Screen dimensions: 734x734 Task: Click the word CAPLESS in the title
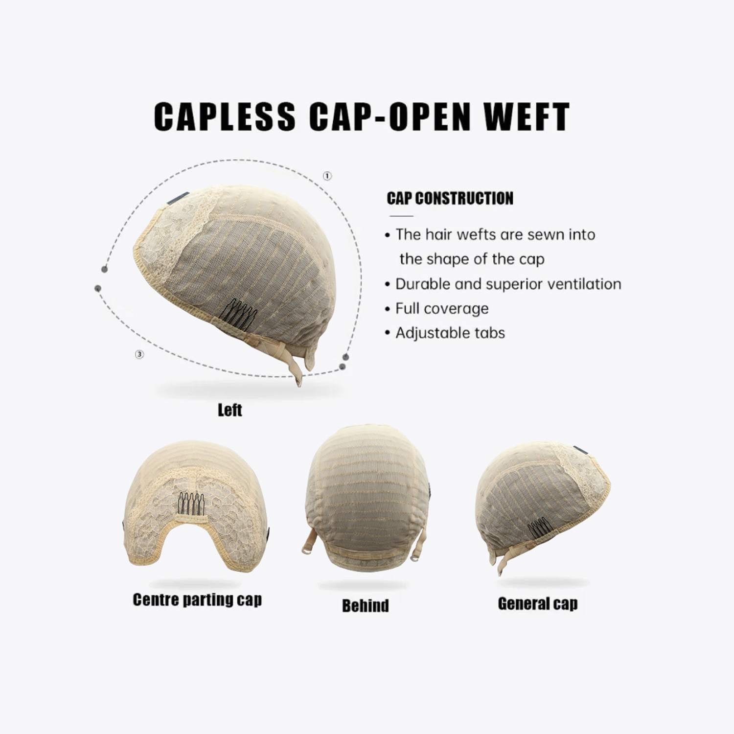click(x=225, y=116)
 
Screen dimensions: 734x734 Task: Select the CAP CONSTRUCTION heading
click(x=450, y=198)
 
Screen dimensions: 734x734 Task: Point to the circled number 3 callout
click(x=139, y=354)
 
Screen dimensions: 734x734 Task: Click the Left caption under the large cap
click(x=229, y=410)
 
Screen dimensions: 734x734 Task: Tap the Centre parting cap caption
click(x=197, y=599)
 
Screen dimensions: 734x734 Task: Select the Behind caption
click(x=365, y=606)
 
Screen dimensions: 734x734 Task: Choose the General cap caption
click(x=537, y=604)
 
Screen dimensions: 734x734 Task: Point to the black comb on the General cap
click(x=540, y=528)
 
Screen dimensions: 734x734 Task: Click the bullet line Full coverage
click(x=441, y=309)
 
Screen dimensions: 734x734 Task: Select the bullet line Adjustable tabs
click(x=450, y=333)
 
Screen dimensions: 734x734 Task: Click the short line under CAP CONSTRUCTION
click(x=401, y=216)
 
